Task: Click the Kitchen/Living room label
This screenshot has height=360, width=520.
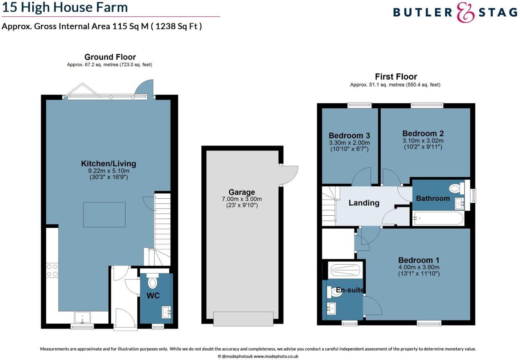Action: click(108, 164)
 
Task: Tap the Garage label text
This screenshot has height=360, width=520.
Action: click(242, 192)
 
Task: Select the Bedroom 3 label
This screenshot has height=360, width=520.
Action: click(349, 136)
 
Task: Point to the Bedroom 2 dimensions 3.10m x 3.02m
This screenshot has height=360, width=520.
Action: click(423, 141)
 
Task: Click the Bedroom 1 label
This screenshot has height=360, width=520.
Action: click(418, 260)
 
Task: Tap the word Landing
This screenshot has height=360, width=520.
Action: click(364, 203)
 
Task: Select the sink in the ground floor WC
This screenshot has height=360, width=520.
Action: click(166, 311)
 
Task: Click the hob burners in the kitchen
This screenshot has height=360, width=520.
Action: click(52, 270)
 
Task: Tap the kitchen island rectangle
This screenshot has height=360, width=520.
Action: click(105, 215)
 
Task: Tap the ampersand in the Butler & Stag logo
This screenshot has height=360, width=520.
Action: click(465, 13)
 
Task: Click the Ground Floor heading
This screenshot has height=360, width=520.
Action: click(110, 57)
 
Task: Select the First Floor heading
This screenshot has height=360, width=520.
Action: click(396, 76)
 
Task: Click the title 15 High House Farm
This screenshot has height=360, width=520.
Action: click(65, 7)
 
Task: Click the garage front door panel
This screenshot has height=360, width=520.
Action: click(243, 319)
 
